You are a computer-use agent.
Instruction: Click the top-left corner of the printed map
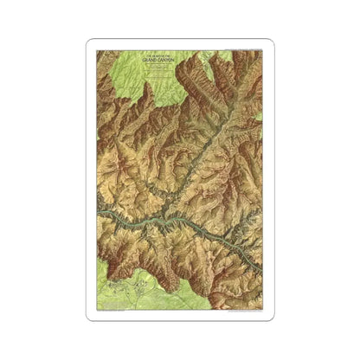click(97, 49)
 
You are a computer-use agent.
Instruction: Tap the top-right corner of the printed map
click(262, 49)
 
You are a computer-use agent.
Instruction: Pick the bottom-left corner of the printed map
click(97, 311)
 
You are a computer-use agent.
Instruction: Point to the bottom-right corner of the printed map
click(262, 311)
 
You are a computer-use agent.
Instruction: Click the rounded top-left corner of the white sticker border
click(90, 42)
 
